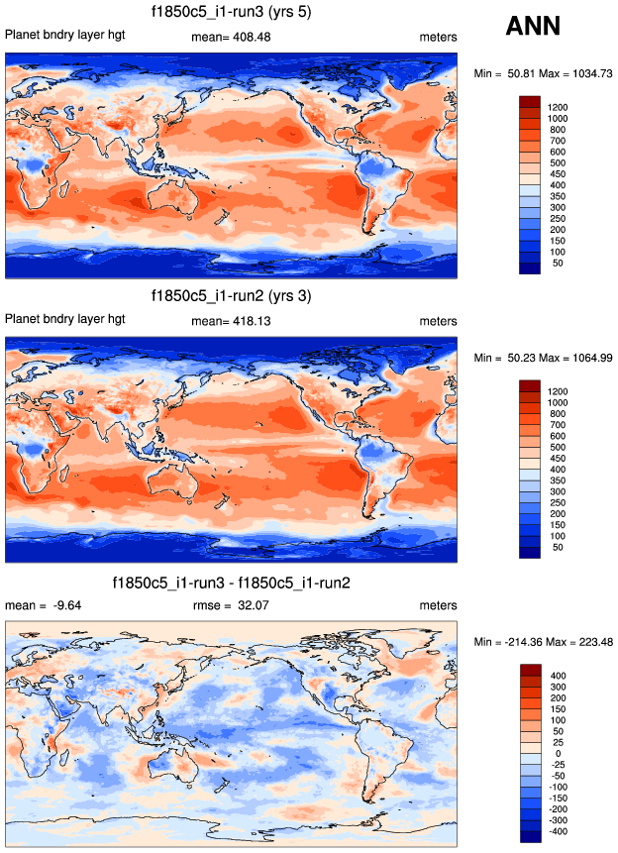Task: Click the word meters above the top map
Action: (438, 37)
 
